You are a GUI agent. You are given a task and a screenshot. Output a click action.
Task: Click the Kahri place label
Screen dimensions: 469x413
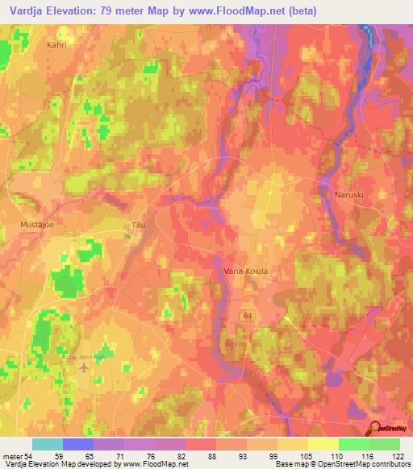[56, 46]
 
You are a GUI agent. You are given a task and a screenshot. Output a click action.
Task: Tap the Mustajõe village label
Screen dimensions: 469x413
[37, 226]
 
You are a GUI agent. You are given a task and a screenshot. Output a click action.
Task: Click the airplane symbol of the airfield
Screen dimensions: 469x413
[86, 367]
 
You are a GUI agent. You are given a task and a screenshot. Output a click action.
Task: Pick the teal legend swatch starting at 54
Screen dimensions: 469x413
[47, 444]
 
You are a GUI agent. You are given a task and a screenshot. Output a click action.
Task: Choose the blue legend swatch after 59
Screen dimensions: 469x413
[78, 444]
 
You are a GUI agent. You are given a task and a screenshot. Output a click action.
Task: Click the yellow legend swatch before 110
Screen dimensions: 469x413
[323, 444]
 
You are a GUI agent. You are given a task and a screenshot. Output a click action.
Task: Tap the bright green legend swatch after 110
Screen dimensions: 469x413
[353, 444]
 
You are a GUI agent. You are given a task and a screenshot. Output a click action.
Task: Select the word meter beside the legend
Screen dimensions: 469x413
[14, 455]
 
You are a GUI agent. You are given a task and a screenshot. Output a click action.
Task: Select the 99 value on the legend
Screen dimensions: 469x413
[277, 455]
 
